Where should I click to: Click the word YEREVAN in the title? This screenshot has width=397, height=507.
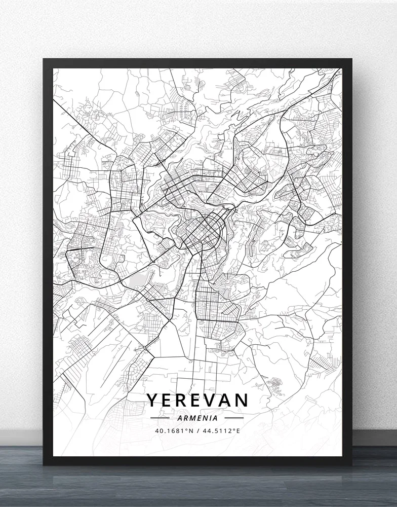click(x=198, y=400)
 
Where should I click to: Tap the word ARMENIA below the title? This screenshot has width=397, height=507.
click(x=198, y=418)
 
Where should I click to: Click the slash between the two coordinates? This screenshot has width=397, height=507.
click(x=198, y=431)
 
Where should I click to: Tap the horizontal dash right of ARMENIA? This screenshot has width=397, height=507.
click(x=234, y=418)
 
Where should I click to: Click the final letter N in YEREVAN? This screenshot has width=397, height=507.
click(x=242, y=400)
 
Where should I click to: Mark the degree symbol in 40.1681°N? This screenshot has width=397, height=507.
click(x=187, y=430)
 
